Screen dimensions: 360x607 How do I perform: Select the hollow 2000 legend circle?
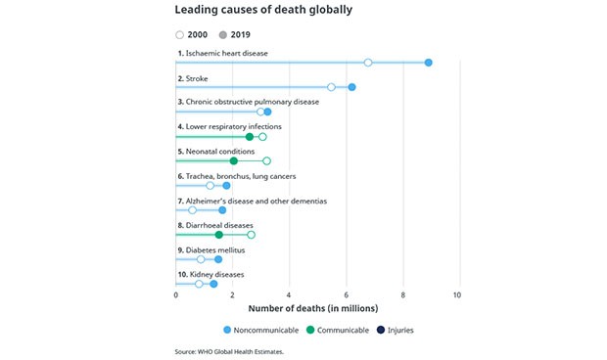pos(180,34)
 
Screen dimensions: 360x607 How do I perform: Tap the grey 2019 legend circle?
pos(223,34)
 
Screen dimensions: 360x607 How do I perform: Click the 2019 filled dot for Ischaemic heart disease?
pos(429,63)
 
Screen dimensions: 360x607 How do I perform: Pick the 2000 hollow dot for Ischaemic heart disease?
pos(368,63)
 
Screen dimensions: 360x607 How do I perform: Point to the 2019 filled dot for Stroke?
pos(351,87)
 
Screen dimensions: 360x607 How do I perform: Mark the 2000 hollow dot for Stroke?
pos(331,87)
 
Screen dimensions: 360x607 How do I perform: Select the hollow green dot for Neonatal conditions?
pos(266,160)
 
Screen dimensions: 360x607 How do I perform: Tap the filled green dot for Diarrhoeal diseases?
pos(218,235)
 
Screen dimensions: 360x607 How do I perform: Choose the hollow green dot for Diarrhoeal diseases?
pos(251,235)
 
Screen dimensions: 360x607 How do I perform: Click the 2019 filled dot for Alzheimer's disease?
pos(222,210)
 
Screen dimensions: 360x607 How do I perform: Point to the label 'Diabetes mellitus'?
pos(208,249)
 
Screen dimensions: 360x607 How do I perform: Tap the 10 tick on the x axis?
pos(457,294)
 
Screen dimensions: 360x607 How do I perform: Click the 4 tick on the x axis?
pos(289,294)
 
